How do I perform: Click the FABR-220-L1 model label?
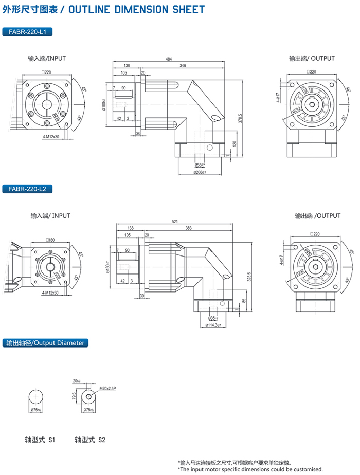click(27, 32)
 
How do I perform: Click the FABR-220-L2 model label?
click(27, 189)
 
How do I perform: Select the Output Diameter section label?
click(45, 342)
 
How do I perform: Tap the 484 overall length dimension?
click(169, 60)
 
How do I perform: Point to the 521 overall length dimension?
click(174, 222)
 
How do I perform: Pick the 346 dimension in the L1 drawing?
click(183, 66)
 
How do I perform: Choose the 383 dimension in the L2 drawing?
click(189, 228)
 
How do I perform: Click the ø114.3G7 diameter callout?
click(213, 325)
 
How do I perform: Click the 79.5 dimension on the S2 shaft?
click(75, 396)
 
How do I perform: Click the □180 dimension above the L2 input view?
click(50, 240)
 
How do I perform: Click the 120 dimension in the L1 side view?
click(234, 144)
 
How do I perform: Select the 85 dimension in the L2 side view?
click(243, 300)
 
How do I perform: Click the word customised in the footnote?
click(307, 469)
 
